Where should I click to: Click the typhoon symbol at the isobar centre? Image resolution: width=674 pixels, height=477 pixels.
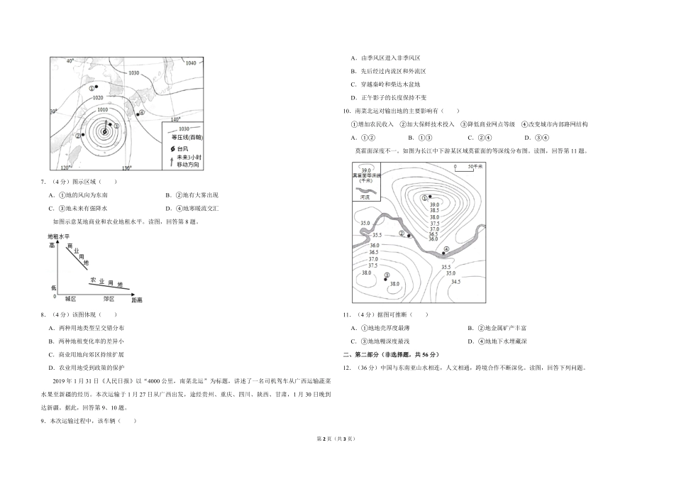pos(104,131)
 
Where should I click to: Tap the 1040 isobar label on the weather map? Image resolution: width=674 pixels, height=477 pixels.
pos(189,63)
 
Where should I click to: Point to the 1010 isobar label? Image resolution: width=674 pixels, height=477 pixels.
pos(103,110)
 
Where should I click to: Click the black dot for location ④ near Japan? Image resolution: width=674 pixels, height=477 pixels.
pos(136,112)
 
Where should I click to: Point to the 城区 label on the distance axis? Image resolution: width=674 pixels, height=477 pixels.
pos(70,300)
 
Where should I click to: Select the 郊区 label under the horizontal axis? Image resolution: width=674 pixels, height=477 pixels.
pos(109,300)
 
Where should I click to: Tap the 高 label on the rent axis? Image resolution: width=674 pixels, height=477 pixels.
pos(52,245)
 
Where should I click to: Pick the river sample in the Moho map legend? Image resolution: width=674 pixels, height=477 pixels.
pos(365,190)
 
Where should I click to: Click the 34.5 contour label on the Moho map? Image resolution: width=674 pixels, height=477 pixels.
pos(455,282)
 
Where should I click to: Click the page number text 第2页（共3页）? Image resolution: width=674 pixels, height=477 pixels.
pos(337,460)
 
